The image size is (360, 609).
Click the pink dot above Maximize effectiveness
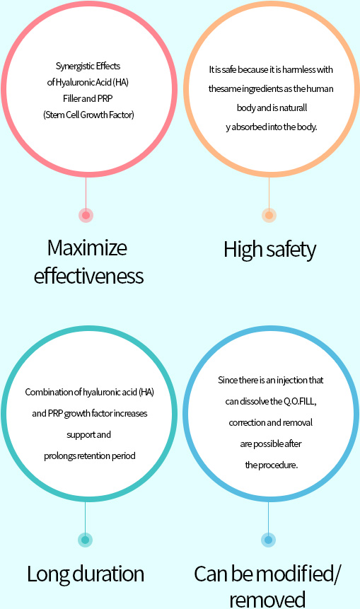[x=86, y=215]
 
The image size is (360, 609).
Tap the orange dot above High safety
[x=269, y=215]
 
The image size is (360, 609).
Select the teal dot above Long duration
[x=85, y=540]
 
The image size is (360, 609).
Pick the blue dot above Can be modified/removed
[x=268, y=540]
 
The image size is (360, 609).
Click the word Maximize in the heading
[x=87, y=248]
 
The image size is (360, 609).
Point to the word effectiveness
[x=88, y=276]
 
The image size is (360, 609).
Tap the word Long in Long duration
[x=49, y=574]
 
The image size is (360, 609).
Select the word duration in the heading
[x=109, y=574]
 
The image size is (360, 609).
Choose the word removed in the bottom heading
[x=267, y=600]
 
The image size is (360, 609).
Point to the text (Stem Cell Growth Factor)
[x=88, y=115]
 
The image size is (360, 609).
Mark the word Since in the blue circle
[x=226, y=380]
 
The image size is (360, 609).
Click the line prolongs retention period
[x=90, y=456]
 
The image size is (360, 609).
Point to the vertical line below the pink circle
[x=86, y=192]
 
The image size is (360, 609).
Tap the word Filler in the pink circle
[x=72, y=98]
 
